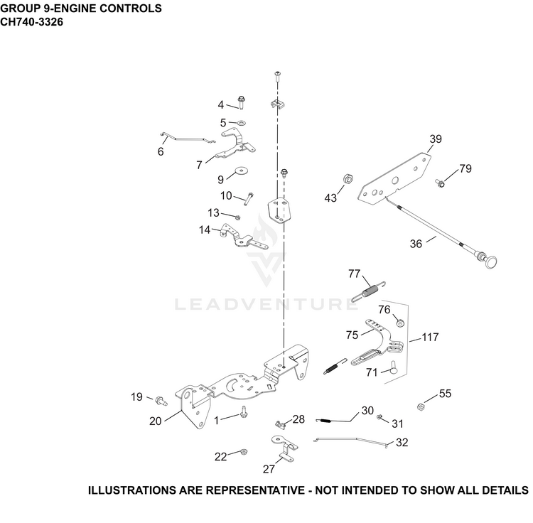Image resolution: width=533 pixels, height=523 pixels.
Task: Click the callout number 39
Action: coord(436,139)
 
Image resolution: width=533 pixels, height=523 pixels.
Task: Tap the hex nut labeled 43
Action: coord(348,178)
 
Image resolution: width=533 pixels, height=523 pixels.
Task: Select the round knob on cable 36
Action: coord(490,261)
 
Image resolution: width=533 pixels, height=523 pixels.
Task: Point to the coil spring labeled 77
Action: coord(369,291)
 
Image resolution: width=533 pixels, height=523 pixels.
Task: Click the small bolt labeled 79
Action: coord(440,183)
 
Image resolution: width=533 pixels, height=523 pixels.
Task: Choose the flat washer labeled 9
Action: coord(242,170)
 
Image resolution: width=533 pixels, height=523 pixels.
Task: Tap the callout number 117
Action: coord(430,337)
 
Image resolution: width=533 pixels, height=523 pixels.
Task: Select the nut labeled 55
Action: coord(421,406)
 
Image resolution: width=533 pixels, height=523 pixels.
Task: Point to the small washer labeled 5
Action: coord(242,122)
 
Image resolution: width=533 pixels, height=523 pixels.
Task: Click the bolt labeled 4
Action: coord(242,102)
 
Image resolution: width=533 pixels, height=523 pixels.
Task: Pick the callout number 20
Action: coord(155,421)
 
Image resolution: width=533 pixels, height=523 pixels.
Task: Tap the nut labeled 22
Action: coord(243,452)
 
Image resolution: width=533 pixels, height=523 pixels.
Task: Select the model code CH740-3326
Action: coord(31,22)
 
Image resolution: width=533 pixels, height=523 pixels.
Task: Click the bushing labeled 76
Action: coord(401,321)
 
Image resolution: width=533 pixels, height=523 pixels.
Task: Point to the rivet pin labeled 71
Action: coord(393,367)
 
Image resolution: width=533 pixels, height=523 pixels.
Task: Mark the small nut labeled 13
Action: coord(238,217)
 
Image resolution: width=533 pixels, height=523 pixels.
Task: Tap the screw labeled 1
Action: coord(244,411)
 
